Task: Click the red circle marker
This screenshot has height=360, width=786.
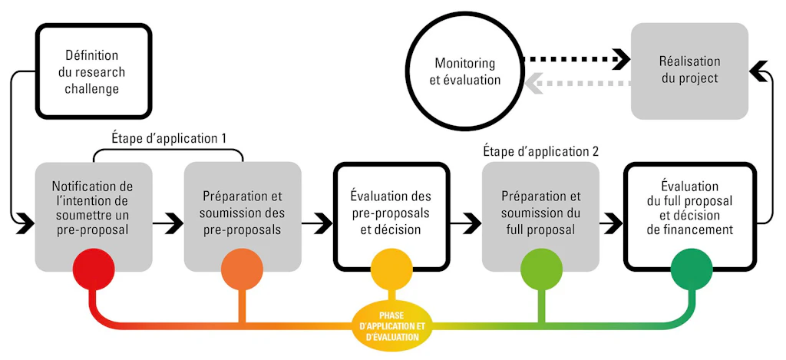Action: (93, 269)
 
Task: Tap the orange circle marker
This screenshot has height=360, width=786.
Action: (242, 269)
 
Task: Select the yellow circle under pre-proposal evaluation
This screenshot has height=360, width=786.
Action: (391, 269)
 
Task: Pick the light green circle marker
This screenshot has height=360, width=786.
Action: (541, 269)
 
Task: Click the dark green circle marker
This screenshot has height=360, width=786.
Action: (692, 269)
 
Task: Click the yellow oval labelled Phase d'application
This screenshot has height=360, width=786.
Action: (392, 326)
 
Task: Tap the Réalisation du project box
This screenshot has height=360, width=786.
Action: (689, 71)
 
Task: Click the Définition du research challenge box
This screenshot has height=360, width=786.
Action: (93, 71)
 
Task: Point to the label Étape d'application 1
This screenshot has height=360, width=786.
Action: (168, 138)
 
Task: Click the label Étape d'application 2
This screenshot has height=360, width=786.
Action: (541, 150)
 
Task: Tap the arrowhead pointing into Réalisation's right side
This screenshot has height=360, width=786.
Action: (758, 71)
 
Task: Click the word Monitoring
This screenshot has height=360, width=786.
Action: (464, 64)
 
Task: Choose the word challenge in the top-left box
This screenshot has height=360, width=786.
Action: (92, 90)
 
